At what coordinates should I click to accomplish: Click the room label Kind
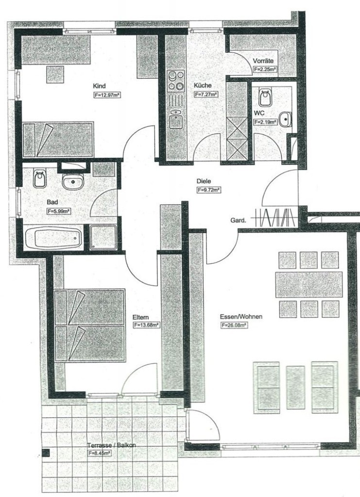[x=99, y=86]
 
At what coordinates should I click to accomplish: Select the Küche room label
[x=203, y=85]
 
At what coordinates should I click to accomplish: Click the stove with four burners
[x=176, y=81]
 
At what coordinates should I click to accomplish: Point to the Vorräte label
[x=263, y=61]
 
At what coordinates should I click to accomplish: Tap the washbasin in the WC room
[x=286, y=119]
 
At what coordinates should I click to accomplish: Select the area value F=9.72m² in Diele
[x=209, y=190]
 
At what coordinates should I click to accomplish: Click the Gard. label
[x=238, y=221]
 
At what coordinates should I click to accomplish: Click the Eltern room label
[x=141, y=317]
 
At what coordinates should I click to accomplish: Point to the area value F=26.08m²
[x=234, y=325]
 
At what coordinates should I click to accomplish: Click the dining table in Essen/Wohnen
[x=309, y=284]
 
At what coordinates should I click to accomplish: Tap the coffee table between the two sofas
[x=295, y=387]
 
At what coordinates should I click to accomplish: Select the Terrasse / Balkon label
[x=112, y=445]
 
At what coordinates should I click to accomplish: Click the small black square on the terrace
[x=46, y=453]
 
